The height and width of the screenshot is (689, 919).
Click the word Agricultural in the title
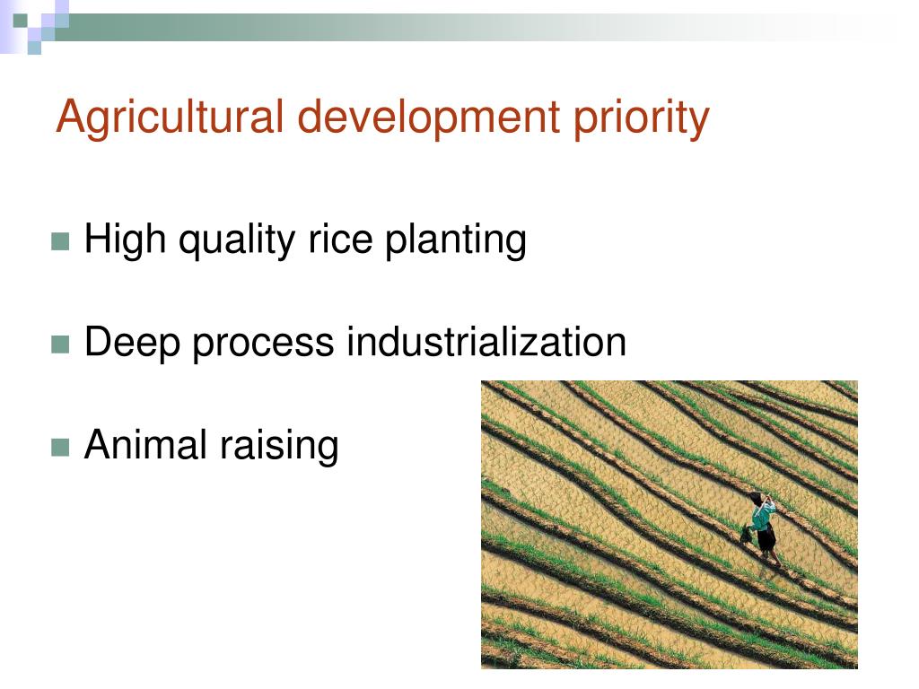click(169, 118)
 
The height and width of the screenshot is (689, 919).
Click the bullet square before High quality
click(60, 241)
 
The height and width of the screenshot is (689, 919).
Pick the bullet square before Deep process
click(60, 344)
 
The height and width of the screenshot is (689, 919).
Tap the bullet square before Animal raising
click(60, 446)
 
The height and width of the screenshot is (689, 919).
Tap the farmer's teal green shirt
click(763, 517)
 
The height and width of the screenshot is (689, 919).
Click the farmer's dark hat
click(757, 499)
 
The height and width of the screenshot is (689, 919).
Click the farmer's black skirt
click(766, 539)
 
